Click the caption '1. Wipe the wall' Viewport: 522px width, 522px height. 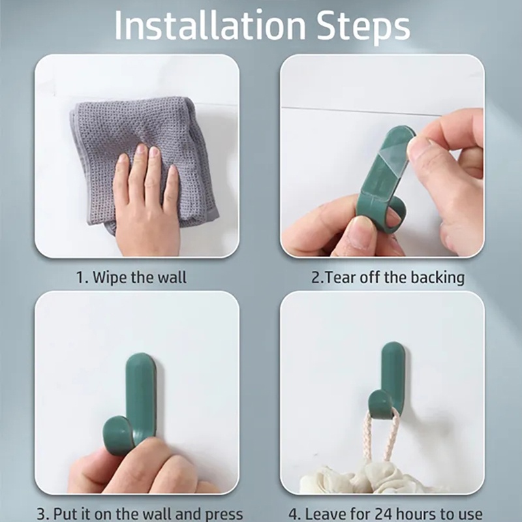tap(131, 277)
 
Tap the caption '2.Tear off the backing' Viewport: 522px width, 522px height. tap(388, 277)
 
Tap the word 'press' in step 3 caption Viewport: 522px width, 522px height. tap(221, 514)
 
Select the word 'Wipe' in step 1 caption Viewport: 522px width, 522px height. tap(109, 277)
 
